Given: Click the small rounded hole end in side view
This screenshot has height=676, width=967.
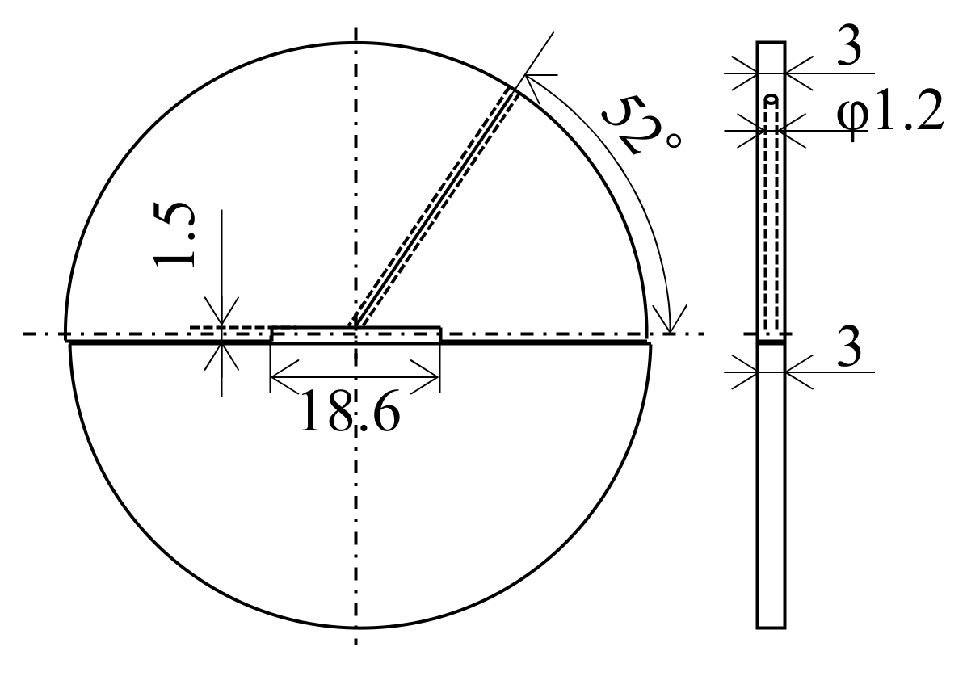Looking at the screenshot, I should coord(771,100).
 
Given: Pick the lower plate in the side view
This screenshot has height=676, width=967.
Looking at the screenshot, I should coord(771,485).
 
